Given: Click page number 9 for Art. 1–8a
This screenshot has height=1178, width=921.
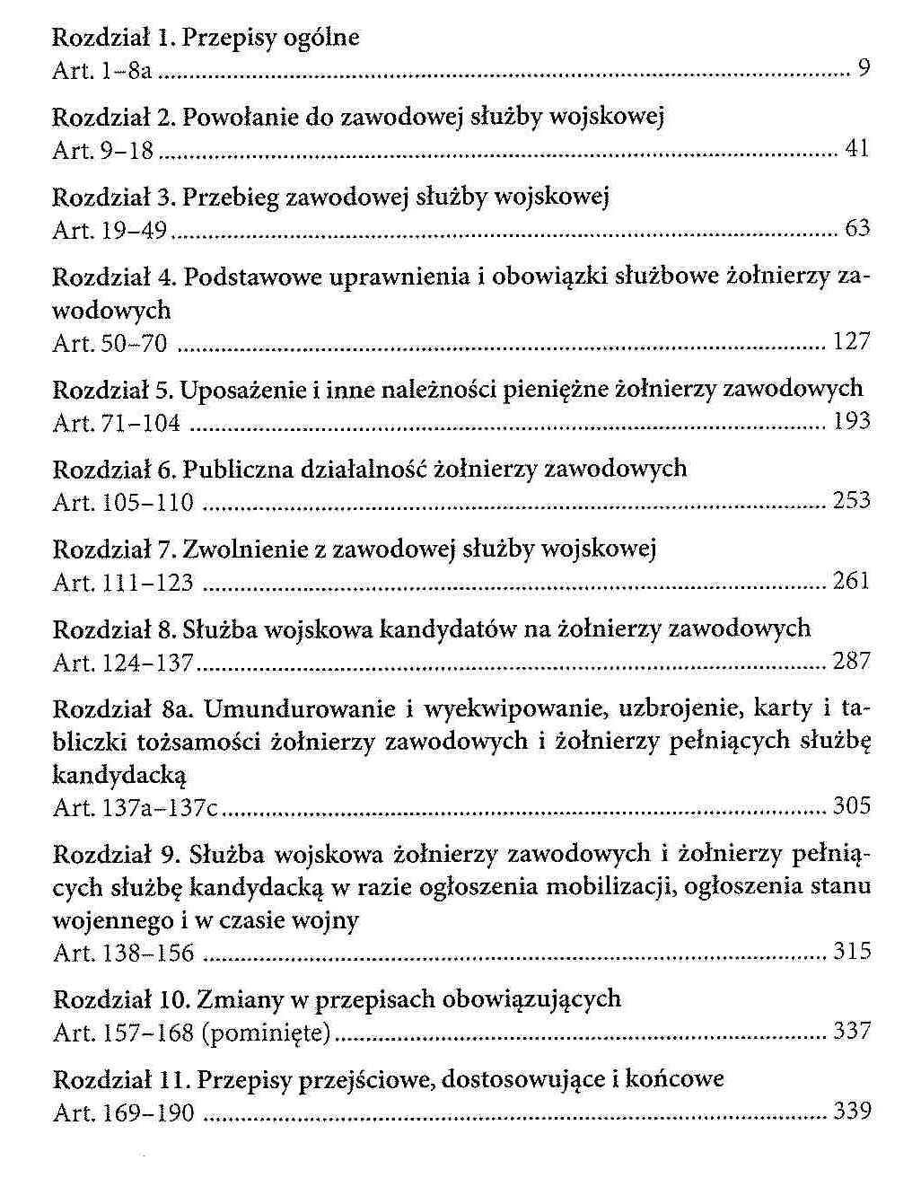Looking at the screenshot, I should pos(864,69).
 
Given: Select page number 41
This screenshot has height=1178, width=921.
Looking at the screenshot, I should pos(857,149).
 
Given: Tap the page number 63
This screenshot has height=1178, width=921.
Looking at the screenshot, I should pos(857,229).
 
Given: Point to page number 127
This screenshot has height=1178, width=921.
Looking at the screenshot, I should pos(851,341).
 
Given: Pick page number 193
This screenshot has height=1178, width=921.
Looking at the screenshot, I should pos(851,421).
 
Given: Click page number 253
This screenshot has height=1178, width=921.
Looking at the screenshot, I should pos(851,501).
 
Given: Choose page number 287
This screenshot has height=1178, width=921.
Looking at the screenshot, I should pos(851,662).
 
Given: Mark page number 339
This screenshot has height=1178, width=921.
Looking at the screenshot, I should pos(851,1112).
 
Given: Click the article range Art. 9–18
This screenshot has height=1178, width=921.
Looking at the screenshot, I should pos(103,150).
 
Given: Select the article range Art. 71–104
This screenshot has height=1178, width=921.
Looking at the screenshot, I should pos(117,422).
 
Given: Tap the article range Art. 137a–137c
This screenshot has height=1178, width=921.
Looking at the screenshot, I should pos(136,807).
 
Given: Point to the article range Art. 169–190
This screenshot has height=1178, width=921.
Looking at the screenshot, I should pos(123,1113).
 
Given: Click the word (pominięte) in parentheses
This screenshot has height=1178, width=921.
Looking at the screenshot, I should pos(267,1033).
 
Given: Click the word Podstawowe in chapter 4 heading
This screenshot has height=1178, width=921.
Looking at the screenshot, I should pos(250,277).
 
